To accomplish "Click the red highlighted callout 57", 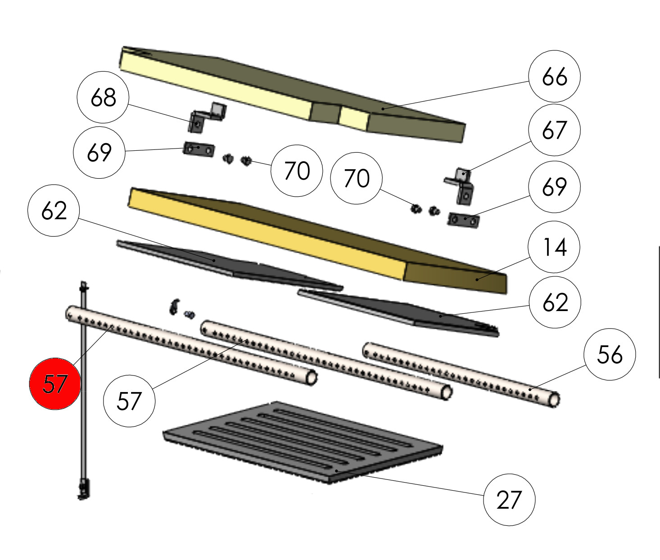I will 55,384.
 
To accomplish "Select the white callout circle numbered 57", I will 129,400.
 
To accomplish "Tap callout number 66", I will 554,77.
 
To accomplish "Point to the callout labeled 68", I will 103,97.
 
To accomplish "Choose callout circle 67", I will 554,130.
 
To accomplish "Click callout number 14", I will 554,247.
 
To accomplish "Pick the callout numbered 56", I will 610,354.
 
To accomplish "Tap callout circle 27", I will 509,500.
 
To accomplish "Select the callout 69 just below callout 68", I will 99,152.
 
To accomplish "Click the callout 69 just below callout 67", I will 554,186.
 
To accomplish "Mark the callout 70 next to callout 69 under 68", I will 297,171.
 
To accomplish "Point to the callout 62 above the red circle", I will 54,211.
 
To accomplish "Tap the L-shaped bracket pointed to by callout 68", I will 207,117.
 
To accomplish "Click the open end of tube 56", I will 554,400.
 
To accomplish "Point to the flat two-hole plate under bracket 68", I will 199,149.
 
